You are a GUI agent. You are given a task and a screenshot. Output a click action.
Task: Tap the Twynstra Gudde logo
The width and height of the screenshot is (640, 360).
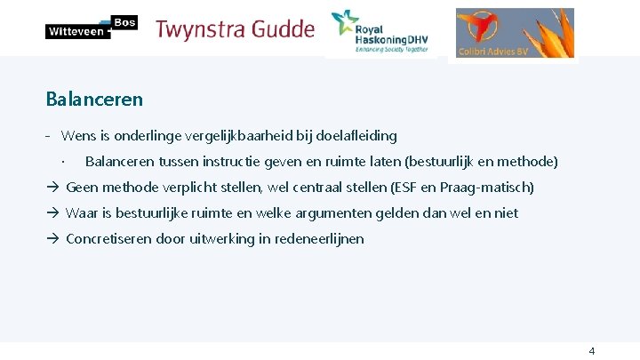pos(236,29)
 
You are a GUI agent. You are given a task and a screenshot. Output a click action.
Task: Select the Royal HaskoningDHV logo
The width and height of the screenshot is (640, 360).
pos(380,33)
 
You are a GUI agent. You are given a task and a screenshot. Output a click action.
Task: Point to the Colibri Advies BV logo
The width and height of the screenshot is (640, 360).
pos(515,33)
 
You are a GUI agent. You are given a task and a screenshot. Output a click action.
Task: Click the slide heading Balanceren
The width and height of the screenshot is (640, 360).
pos(94,99)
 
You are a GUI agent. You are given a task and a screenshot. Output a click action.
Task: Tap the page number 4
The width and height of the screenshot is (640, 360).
pos(592,350)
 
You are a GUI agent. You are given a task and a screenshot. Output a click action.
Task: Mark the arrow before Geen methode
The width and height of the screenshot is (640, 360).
pos(52,188)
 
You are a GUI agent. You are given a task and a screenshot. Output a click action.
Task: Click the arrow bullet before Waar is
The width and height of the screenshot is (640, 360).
pos(52,213)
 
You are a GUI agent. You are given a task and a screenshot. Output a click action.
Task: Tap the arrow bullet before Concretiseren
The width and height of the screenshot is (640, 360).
pos(52,239)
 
